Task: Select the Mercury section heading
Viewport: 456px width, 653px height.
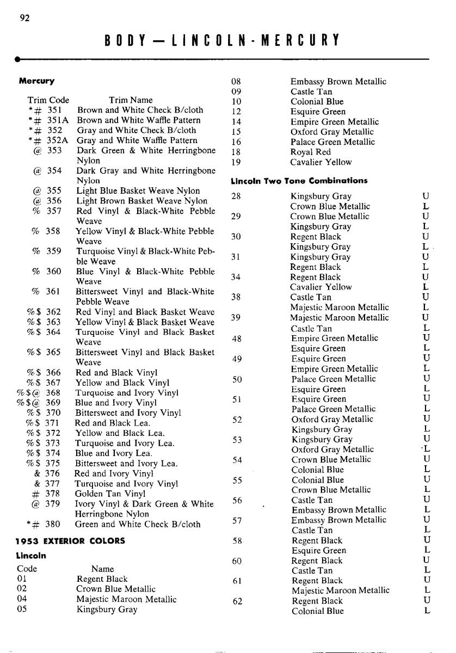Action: coord(36,81)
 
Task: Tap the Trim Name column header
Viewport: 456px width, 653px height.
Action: coord(131,100)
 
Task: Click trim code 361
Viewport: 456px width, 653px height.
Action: coord(53,292)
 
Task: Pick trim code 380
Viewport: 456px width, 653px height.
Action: coord(53,525)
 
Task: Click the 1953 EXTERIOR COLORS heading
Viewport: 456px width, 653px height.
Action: coord(70,541)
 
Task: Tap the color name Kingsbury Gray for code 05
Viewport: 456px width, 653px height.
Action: coord(107,609)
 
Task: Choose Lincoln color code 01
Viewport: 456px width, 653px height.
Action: coord(22,579)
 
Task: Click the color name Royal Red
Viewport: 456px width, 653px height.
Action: coord(310,152)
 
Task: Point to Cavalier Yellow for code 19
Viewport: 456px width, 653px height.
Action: coord(321,162)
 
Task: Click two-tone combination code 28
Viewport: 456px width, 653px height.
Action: coord(236,196)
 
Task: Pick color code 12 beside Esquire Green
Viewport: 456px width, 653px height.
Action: coord(236,112)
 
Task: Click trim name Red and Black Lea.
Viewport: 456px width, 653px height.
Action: coord(113,423)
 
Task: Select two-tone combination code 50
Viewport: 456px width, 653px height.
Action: coord(237,379)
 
